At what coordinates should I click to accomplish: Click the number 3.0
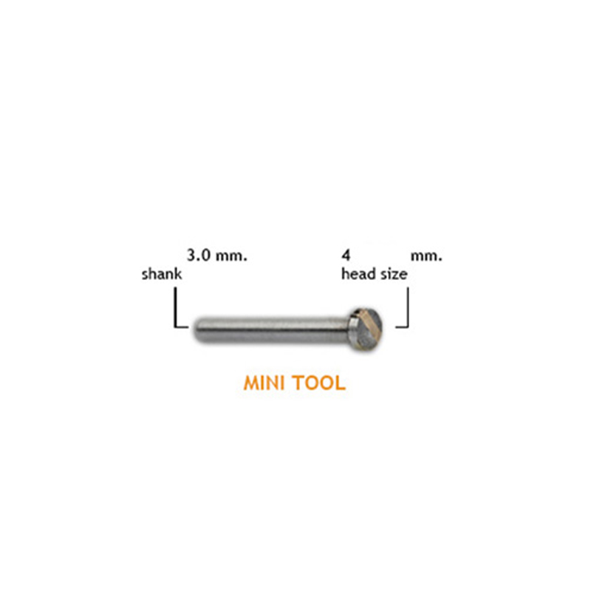[x=199, y=256]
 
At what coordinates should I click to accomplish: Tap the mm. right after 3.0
[x=231, y=256]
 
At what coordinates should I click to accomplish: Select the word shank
[x=162, y=273]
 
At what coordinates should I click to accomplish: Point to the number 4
[x=346, y=256]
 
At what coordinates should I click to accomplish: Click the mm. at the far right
[x=426, y=256]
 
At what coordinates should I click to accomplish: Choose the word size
[x=394, y=274]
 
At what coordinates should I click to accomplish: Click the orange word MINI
[x=264, y=383]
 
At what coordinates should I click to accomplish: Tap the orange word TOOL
[x=319, y=383]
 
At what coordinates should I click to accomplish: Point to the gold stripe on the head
[x=366, y=327]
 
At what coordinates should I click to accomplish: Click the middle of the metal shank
[x=271, y=330]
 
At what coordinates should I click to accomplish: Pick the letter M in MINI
[x=251, y=383]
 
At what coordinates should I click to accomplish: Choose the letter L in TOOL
[x=341, y=383]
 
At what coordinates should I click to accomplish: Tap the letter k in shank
[x=178, y=273]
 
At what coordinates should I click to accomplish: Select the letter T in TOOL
[x=298, y=383]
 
